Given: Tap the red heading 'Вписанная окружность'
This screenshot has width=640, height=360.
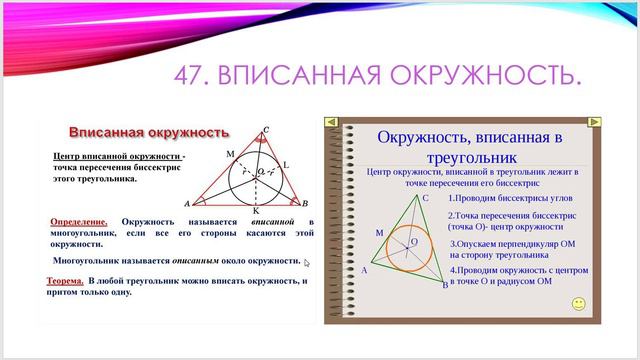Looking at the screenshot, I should (x=148, y=132).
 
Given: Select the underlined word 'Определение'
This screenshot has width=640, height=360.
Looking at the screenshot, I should (x=79, y=221).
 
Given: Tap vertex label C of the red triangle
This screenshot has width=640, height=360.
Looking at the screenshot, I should (x=265, y=129).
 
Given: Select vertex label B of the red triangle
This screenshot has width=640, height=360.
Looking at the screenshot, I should (x=303, y=203).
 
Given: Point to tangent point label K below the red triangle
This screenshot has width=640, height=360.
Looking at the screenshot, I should (x=256, y=212).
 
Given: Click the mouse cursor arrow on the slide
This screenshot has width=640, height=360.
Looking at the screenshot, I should (x=307, y=264).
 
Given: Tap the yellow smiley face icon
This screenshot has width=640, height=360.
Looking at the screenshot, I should (x=577, y=301).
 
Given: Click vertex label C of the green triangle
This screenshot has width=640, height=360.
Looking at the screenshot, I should (x=425, y=198).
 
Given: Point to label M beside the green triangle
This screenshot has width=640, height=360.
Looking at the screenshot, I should (x=379, y=232).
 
